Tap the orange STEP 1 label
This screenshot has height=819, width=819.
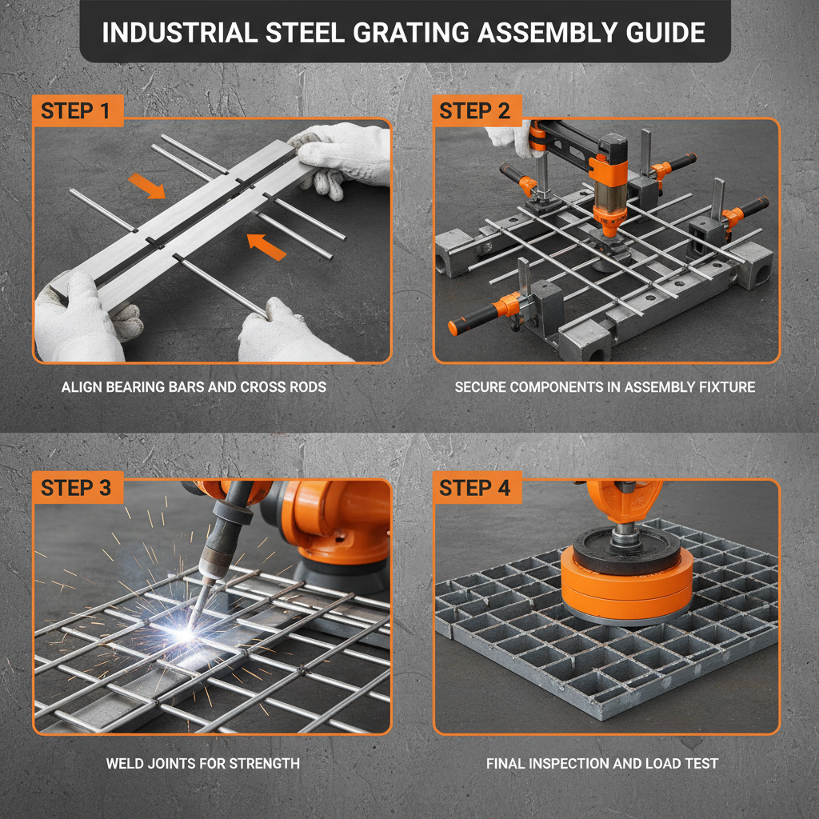tap(75, 111)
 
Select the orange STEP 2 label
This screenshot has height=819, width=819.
tap(475, 111)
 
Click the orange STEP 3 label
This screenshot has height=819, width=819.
tap(76, 487)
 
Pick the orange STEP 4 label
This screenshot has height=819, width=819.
tap(475, 487)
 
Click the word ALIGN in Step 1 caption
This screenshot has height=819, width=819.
tap(81, 387)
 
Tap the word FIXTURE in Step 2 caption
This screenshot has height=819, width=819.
tap(725, 387)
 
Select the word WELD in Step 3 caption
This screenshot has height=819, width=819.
tap(124, 763)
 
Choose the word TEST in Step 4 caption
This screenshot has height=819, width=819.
tap(701, 763)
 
